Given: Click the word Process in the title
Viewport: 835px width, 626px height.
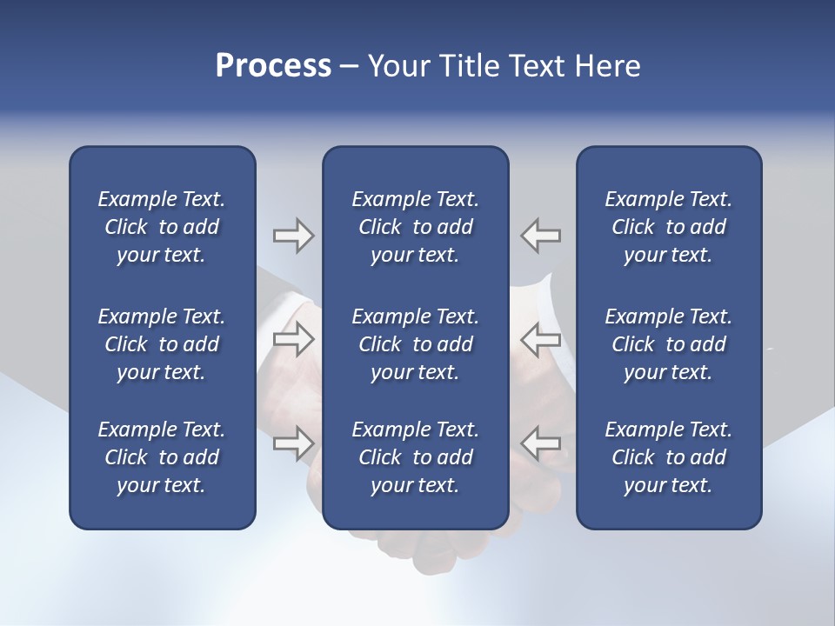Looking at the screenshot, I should pos(273,66).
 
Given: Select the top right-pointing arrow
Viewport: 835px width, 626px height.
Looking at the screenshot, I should pos(293,236).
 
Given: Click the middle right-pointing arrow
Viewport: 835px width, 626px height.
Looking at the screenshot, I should pos(293,339).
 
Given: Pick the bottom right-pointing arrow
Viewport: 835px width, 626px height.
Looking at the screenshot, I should pos(293,443).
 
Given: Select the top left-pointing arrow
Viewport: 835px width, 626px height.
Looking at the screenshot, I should pos(541,236).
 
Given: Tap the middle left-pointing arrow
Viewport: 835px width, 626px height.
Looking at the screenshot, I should pos(541,339).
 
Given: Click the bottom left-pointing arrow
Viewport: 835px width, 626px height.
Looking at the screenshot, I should pos(541,443).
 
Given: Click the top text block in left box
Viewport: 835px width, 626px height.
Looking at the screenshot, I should pos(162,227).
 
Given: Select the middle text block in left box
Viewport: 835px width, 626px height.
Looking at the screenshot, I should pos(162,344).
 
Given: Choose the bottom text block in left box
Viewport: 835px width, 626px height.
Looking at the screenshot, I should pos(162,457).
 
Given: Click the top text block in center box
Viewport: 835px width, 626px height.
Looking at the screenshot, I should pos(415,227).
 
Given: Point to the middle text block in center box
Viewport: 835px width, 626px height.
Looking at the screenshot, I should pos(415,344).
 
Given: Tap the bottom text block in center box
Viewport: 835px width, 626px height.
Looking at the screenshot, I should pos(415,457).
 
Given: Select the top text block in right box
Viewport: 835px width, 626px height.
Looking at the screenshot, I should pos(668,227).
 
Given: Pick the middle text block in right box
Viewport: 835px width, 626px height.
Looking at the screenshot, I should pos(668,344).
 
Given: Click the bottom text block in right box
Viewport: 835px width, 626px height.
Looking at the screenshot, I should pos(668,457).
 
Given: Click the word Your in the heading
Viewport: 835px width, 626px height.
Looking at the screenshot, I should pos(399,66).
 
